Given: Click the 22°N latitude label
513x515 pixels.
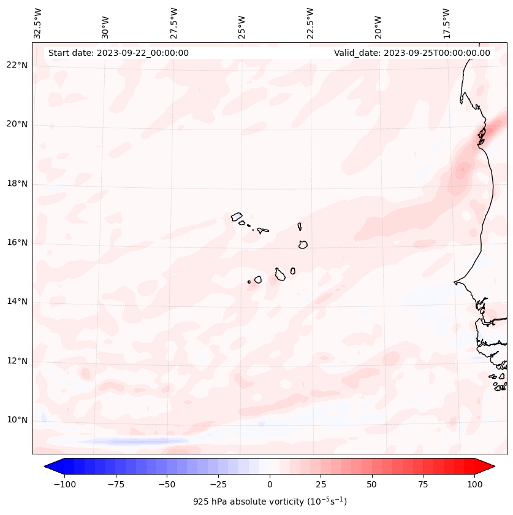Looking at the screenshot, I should coord(17,66).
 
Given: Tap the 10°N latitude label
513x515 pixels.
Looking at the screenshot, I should coord(17,420).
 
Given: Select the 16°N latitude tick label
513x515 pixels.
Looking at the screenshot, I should coord(17,242).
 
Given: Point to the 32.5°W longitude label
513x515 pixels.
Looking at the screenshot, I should coord(38,23).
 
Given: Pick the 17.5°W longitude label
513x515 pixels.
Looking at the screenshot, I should coord(447,23).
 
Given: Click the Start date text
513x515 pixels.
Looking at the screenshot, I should coord(118,53).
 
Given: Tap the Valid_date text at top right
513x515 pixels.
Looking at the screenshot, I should coord(412,53).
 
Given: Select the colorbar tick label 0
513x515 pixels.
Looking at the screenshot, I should coord(269,484).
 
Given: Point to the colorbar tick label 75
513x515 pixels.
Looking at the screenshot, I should coord(423,484).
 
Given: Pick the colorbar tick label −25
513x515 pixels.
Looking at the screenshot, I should coord(218,484).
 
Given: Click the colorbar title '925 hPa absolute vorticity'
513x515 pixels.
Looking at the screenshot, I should coord(270,501).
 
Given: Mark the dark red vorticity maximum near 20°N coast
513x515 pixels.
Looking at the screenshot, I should coord(482,134).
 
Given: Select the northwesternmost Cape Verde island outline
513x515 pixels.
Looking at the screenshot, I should coord(237,216).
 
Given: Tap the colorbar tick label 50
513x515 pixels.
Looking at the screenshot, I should coord(371,484).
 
